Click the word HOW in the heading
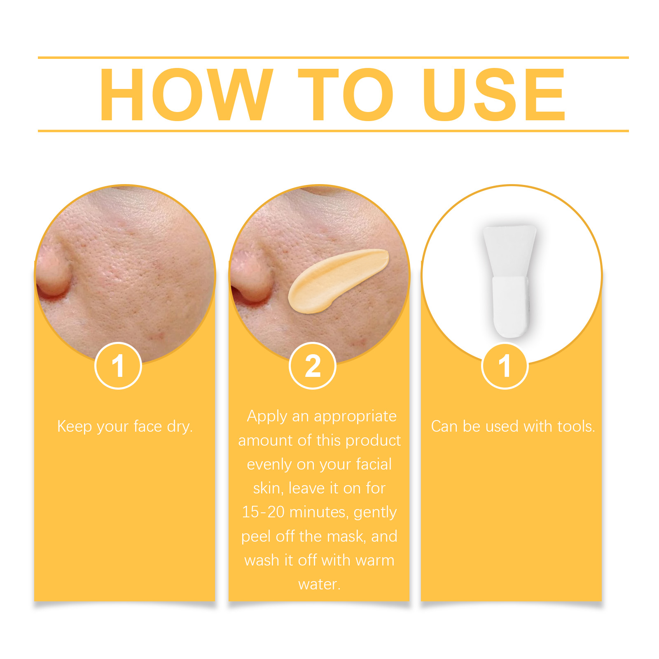186,95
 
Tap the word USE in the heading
495,95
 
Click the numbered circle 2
313,366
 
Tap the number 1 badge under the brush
505,366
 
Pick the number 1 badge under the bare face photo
118,366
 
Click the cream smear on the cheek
338,280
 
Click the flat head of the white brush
510,251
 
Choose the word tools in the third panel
576,426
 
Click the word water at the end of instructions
319,584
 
